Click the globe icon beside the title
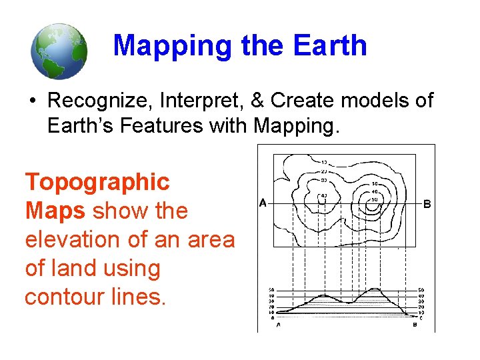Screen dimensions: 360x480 click(x=59, y=51)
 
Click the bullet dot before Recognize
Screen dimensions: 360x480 click(x=31, y=101)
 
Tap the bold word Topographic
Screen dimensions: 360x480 click(x=97, y=181)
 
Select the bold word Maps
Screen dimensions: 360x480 click(x=55, y=211)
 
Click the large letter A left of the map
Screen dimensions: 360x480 click(x=263, y=203)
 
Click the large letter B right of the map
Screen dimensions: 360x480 click(x=427, y=204)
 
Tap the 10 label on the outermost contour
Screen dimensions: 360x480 click(x=323, y=162)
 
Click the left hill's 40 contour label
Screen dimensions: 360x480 click(x=323, y=195)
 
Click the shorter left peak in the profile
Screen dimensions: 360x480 click(x=323, y=295)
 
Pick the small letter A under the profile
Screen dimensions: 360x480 click(x=278, y=325)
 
